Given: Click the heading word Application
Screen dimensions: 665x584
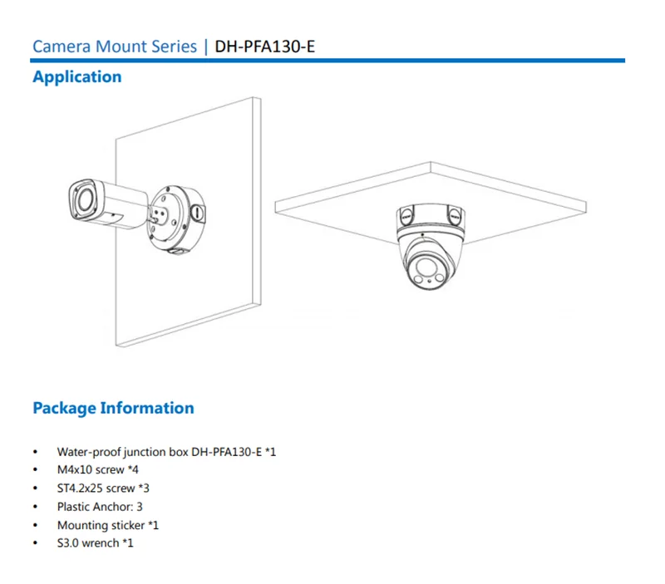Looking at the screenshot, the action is coord(77,77).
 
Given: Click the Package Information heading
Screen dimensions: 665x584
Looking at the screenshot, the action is coord(113,408).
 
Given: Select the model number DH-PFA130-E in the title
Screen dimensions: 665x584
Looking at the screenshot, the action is coord(265,47).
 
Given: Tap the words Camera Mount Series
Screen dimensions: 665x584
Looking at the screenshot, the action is coord(115,47).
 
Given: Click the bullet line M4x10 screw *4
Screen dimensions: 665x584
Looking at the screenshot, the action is coord(98,469).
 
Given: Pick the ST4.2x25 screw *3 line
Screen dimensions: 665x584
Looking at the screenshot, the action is coord(103,488).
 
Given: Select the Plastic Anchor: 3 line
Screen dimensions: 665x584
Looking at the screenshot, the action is coord(100,507).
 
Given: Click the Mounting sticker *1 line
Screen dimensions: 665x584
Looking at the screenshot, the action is coord(108,525).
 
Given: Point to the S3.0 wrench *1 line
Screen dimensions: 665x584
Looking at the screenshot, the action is coord(96,543).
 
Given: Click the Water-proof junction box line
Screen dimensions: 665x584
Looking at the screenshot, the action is coord(167,452).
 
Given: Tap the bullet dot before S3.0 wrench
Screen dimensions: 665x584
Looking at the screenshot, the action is coord(35,543).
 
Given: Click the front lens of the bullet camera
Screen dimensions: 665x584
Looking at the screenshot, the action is coord(84,199).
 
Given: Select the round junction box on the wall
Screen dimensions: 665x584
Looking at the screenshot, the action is coord(176,219).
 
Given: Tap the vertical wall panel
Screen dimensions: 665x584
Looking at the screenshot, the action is coord(189,222).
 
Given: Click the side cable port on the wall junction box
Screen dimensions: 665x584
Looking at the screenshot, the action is coord(198,212).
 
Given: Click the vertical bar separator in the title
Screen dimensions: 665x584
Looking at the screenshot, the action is coord(206,47).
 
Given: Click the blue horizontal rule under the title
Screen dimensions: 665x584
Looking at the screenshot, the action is coord(328,61).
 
